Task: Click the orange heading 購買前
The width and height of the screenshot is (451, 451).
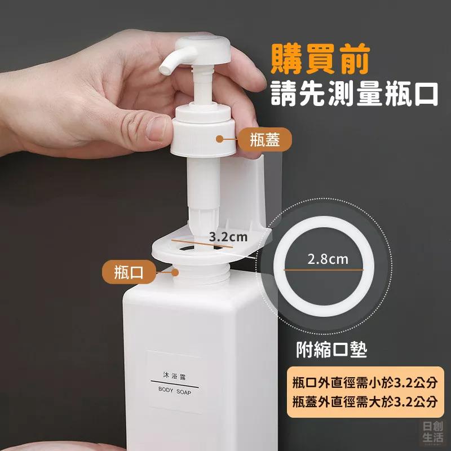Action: [320, 59]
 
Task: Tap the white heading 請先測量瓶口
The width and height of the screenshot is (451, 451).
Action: [354, 93]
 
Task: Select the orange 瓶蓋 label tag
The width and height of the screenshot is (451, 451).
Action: [265, 139]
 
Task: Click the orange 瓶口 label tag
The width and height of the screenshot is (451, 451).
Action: [129, 272]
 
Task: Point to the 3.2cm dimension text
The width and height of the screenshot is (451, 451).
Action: [228, 237]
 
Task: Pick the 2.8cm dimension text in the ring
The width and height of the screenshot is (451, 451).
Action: [328, 259]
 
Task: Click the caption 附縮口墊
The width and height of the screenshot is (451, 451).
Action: [331, 350]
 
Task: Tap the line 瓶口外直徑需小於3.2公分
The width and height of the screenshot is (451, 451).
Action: [365, 383]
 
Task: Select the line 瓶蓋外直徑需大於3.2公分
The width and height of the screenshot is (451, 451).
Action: [365, 401]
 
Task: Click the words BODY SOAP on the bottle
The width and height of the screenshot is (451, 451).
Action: [175, 391]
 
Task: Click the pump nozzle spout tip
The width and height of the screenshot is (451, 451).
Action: [164, 69]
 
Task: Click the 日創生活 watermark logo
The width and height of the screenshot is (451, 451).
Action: [432, 431]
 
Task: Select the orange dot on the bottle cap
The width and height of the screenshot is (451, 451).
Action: [219, 139]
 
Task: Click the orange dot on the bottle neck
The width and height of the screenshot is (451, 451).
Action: [175, 272]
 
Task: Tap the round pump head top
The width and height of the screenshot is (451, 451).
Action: [203, 48]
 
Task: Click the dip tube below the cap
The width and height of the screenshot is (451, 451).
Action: [204, 196]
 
